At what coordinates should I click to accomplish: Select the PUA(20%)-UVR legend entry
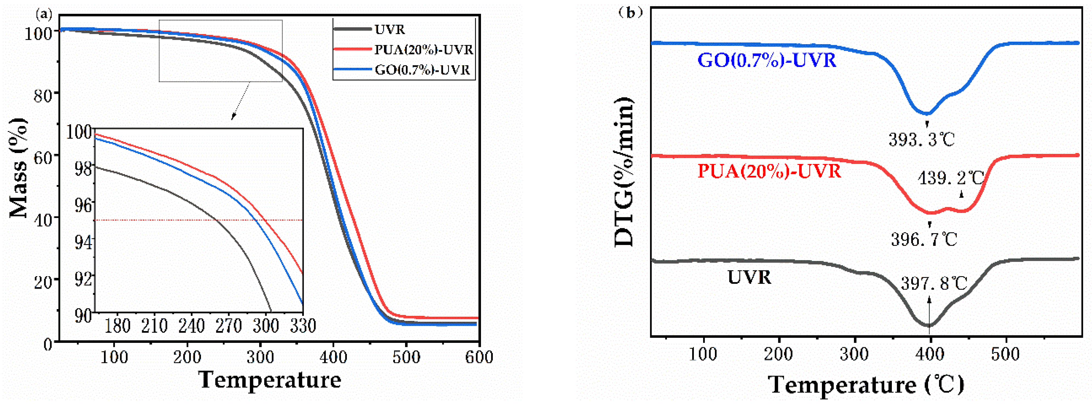tap(423, 50)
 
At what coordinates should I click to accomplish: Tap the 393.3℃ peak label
tap(921, 139)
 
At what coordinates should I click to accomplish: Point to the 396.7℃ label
tap(924, 239)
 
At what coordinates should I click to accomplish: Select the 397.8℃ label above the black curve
tap(934, 283)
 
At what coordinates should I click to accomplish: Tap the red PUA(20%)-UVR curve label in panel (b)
tap(769, 171)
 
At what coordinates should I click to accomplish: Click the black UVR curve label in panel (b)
tap(749, 277)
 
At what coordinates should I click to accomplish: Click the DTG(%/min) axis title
tap(624, 172)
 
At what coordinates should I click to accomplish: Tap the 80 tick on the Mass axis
tap(43, 95)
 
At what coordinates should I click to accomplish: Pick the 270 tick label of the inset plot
tap(228, 326)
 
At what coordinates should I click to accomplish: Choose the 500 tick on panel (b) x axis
tap(1005, 354)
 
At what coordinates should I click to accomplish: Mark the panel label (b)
tap(630, 13)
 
